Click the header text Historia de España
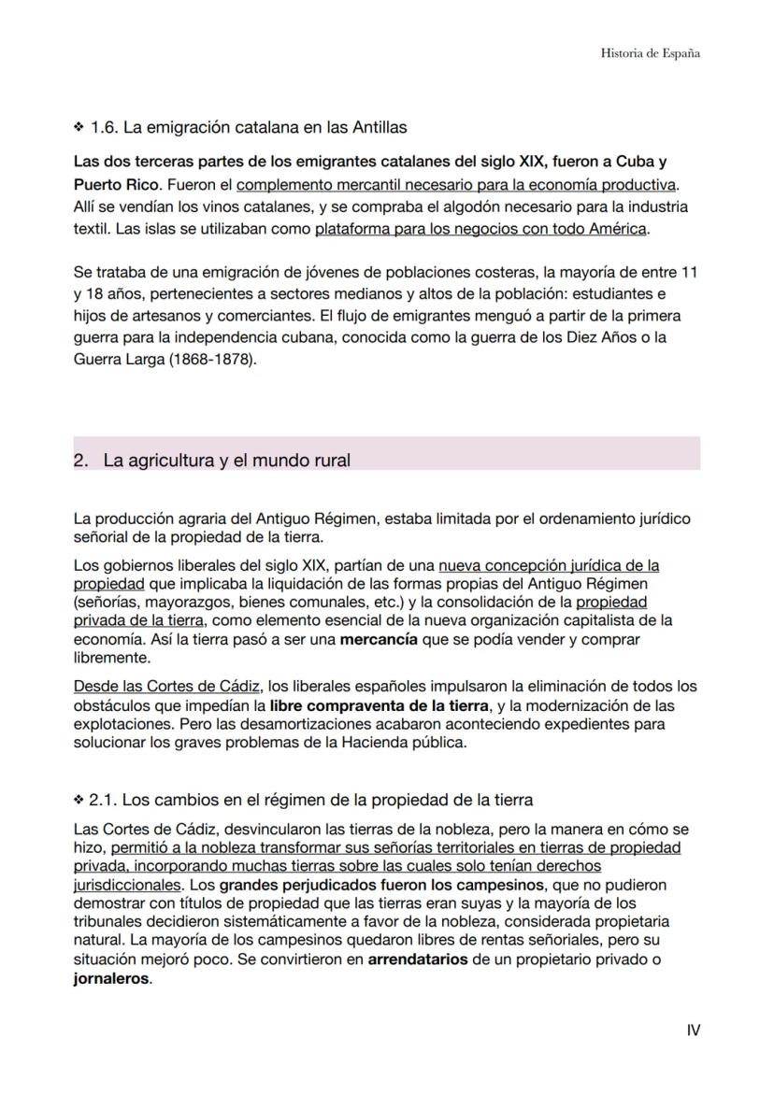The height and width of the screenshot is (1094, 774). [650, 53]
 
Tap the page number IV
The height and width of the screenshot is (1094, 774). [693, 1030]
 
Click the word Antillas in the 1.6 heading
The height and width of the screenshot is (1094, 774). [377, 126]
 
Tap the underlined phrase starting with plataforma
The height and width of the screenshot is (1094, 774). [481, 228]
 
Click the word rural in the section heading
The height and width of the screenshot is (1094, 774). [330, 461]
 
